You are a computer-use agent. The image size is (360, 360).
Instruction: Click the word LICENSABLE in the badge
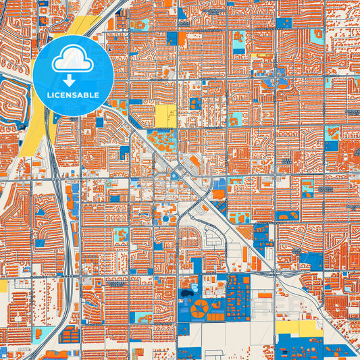click(x=72, y=95)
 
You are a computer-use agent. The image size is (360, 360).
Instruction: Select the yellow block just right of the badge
click(x=165, y=115)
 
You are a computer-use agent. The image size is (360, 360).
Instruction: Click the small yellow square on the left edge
click(x=3, y=286)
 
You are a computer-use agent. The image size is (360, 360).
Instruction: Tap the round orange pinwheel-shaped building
click(x=200, y=309)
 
